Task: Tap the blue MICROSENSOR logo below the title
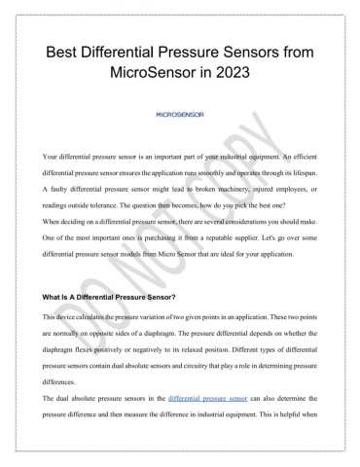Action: pyautogui.click(x=180, y=114)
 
